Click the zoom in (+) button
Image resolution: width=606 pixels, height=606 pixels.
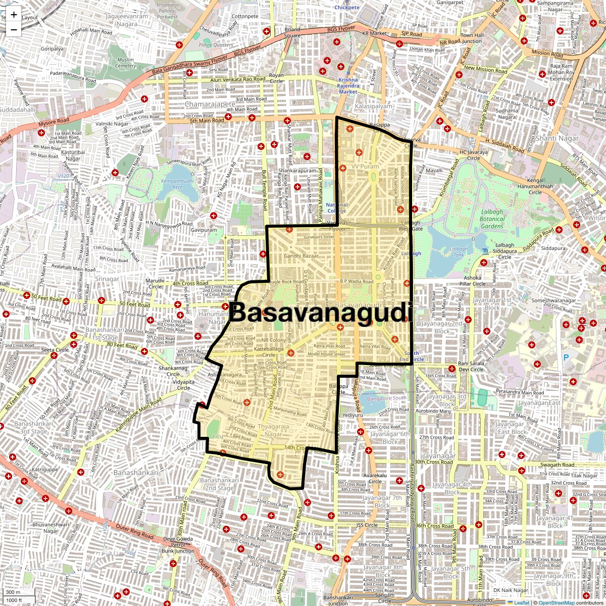[14, 15]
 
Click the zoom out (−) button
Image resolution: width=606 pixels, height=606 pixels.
[14, 29]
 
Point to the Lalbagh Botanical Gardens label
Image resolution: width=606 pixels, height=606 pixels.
[492, 219]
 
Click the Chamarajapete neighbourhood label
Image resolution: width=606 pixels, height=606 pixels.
[210, 105]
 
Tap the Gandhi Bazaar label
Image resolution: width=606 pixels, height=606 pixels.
[301, 256]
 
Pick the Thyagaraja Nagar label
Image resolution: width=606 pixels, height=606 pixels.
[273, 430]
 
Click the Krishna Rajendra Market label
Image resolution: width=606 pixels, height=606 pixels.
[348, 86]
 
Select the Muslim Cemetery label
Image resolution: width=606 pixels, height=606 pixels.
[126, 63]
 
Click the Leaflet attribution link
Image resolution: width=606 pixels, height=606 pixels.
[522, 602]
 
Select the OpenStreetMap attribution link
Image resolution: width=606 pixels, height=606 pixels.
[556, 602]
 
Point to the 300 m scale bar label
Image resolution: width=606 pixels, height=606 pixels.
[13, 592]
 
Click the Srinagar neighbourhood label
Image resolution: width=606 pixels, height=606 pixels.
[107, 279]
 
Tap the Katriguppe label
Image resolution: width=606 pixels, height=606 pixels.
[45, 470]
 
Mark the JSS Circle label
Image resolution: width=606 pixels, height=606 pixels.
[367, 525]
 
